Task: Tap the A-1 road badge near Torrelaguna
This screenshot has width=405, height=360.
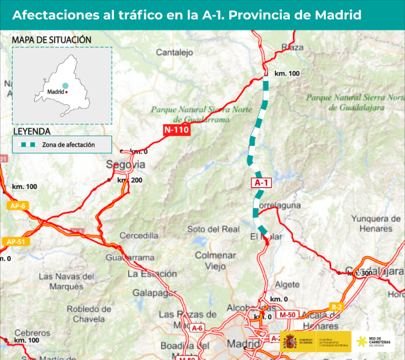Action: pyautogui.click(x=261, y=183)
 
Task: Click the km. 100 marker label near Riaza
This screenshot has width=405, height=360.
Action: pyautogui.click(x=286, y=73)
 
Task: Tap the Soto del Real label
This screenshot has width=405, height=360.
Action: pyautogui.click(x=213, y=229)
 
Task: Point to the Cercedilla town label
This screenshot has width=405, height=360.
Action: pyautogui.click(x=139, y=235)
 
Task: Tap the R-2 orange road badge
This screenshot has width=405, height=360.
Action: pyautogui.click(x=337, y=308)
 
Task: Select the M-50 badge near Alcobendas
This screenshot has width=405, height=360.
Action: pyautogui.click(x=287, y=315)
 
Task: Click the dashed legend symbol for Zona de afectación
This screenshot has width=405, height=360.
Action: pyautogui.click(x=28, y=145)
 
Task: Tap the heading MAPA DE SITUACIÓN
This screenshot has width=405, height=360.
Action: pyautogui.click(x=52, y=40)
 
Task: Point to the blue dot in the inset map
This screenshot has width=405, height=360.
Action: pyautogui.click(x=65, y=86)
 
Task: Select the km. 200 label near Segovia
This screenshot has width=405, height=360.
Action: pyautogui.click(x=130, y=179)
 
